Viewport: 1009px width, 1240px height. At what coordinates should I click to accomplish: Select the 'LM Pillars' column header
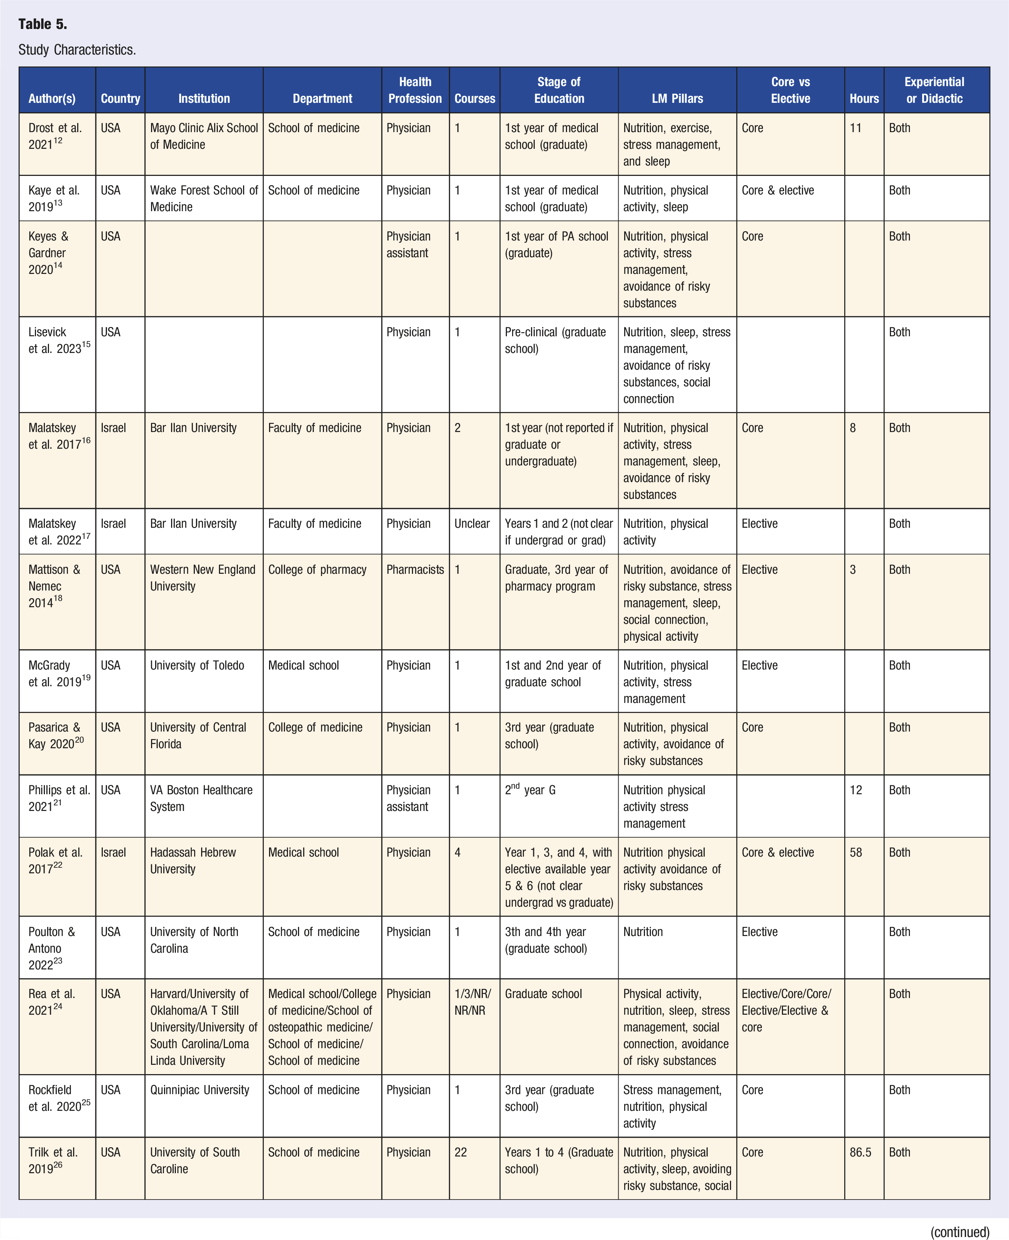click(677, 98)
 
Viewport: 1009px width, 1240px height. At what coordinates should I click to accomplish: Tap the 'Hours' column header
click(864, 98)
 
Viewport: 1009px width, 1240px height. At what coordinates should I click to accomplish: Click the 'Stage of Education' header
click(558, 90)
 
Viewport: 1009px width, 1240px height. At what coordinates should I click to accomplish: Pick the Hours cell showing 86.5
click(860, 1152)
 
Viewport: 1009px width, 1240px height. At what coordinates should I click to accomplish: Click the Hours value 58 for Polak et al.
click(856, 852)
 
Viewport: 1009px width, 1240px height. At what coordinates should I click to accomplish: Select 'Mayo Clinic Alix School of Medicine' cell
click(203, 136)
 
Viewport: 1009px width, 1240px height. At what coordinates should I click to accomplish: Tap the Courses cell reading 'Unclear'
click(472, 523)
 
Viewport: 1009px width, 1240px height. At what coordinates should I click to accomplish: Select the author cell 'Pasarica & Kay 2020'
click(56, 735)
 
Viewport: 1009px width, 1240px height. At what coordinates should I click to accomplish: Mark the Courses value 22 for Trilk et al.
click(460, 1152)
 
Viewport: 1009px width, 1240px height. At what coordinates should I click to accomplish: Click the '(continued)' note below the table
click(960, 1231)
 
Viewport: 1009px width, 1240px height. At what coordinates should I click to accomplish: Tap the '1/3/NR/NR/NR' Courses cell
click(472, 1002)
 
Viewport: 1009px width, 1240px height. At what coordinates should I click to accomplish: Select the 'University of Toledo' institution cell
click(197, 665)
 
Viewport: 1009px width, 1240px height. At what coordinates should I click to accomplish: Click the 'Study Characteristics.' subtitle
click(77, 50)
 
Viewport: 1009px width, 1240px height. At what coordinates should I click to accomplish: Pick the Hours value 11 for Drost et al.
click(856, 128)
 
